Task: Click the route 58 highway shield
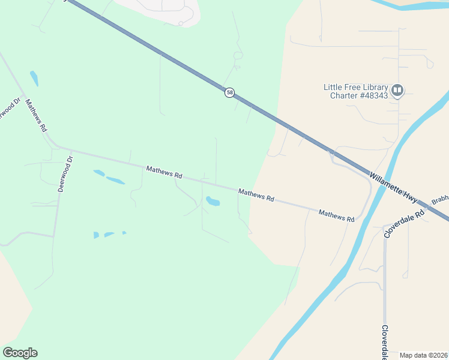coord(229,92)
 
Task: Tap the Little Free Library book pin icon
coord(396,91)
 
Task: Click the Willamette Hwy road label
coord(393,187)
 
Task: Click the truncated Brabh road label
coord(440,199)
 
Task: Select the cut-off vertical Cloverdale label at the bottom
coord(384,342)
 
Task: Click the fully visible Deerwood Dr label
coord(65,173)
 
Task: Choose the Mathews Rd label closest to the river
coord(336,215)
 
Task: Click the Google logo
coord(20,353)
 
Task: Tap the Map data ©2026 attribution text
coord(424,355)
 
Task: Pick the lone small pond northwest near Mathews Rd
coord(34,79)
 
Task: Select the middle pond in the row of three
coord(109,234)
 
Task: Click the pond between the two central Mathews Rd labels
coord(212,201)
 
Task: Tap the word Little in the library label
coord(334,87)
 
